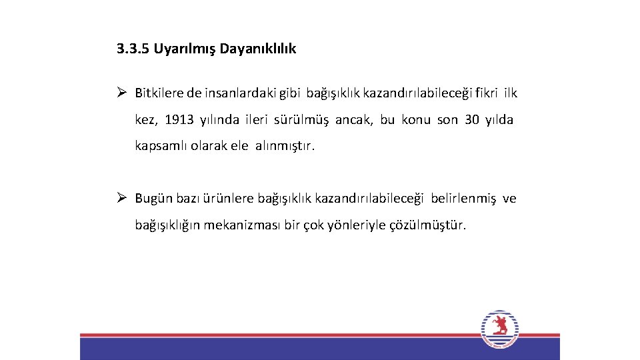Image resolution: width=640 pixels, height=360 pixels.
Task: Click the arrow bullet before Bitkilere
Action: coord(122,93)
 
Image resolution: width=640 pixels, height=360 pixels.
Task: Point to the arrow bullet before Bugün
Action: coord(122,198)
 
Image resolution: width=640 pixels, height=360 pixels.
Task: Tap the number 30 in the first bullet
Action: coord(473,120)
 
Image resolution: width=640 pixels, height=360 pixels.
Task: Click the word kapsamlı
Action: coord(161,146)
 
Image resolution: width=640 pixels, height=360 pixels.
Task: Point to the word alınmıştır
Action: coord(285,146)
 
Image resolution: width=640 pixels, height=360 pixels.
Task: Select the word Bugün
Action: coord(153,199)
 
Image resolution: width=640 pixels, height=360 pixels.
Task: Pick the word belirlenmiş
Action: coord(463,199)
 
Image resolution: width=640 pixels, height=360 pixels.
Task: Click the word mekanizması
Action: coord(244,225)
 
